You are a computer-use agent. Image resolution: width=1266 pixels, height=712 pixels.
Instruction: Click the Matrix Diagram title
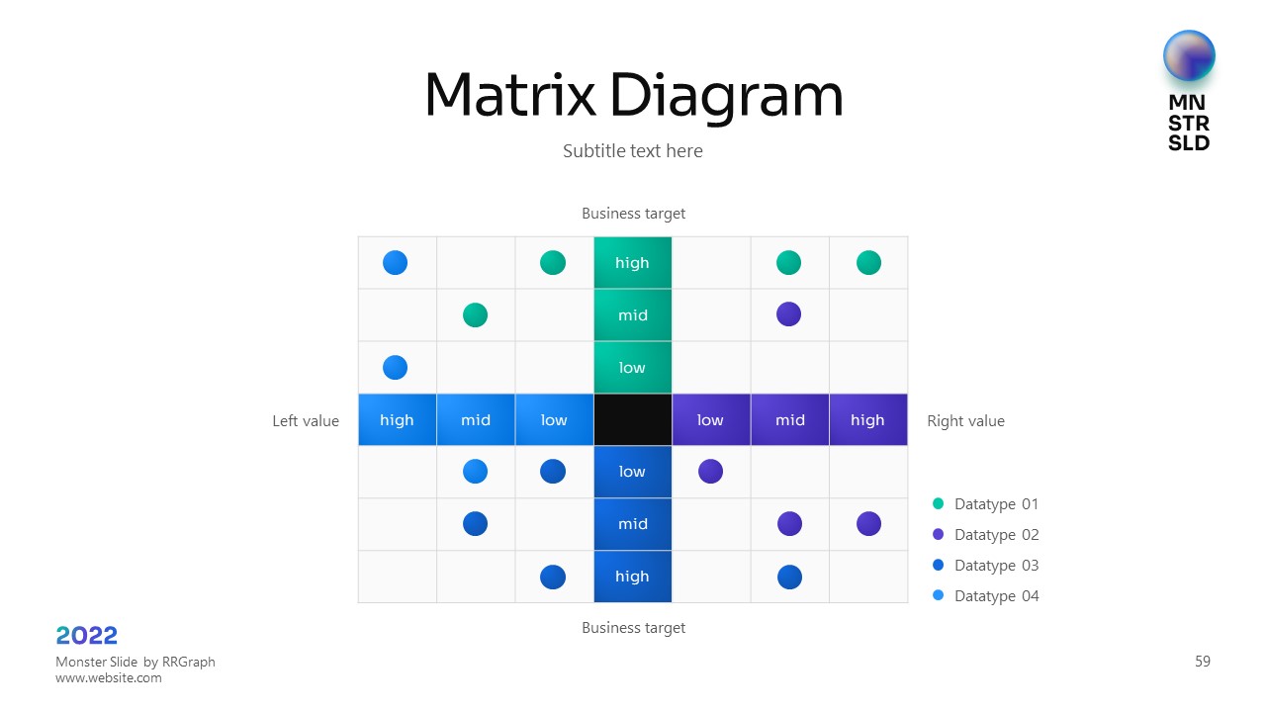pyautogui.click(x=633, y=96)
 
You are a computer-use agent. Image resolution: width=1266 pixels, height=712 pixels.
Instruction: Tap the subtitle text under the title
pyautogui.click(x=633, y=151)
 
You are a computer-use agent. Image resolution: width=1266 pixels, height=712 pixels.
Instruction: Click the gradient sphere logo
pyautogui.click(x=1189, y=56)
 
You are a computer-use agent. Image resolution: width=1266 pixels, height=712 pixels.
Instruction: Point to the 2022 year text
pyautogui.click(x=87, y=636)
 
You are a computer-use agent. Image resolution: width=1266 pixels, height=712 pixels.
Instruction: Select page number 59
pyautogui.click(x=1203, y=662)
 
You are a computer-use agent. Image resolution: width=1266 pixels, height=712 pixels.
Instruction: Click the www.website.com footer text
pyautogui.click(x=109, y=678)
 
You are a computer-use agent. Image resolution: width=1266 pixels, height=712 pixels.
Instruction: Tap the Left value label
pyautogui.click(x=306, y=421)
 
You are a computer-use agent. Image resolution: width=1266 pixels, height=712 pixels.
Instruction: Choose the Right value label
pyautogui.click(x=965, y=421)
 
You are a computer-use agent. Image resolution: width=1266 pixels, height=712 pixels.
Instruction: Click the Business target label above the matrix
pyautogui.click(x=633, y=214)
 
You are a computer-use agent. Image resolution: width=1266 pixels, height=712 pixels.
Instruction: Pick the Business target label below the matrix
pyautogui.click(x=633, y=628)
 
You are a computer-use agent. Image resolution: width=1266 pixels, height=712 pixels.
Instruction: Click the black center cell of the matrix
pyautogui.click(x=633, y=420)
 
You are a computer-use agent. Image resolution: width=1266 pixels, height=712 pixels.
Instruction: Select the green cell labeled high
pyautogui.click(x=633, y=263)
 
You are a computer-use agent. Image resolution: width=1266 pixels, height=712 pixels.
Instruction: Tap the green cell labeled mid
pyautogui.click(x=633, y=315)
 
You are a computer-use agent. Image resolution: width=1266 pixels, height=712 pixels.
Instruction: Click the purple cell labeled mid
pyautogui.click(x=789, y=420)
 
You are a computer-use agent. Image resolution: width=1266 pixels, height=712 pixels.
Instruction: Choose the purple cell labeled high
pyautogui.click(x=867, y=420)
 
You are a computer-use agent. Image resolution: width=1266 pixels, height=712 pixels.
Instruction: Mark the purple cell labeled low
pyautogui.click(x=710, y=420)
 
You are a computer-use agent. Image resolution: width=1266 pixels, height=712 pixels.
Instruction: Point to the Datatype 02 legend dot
pyautogui.click(x=939, y=535)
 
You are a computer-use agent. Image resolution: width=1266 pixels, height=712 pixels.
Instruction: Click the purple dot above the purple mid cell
pyautogui.click(x=788, y=314)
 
